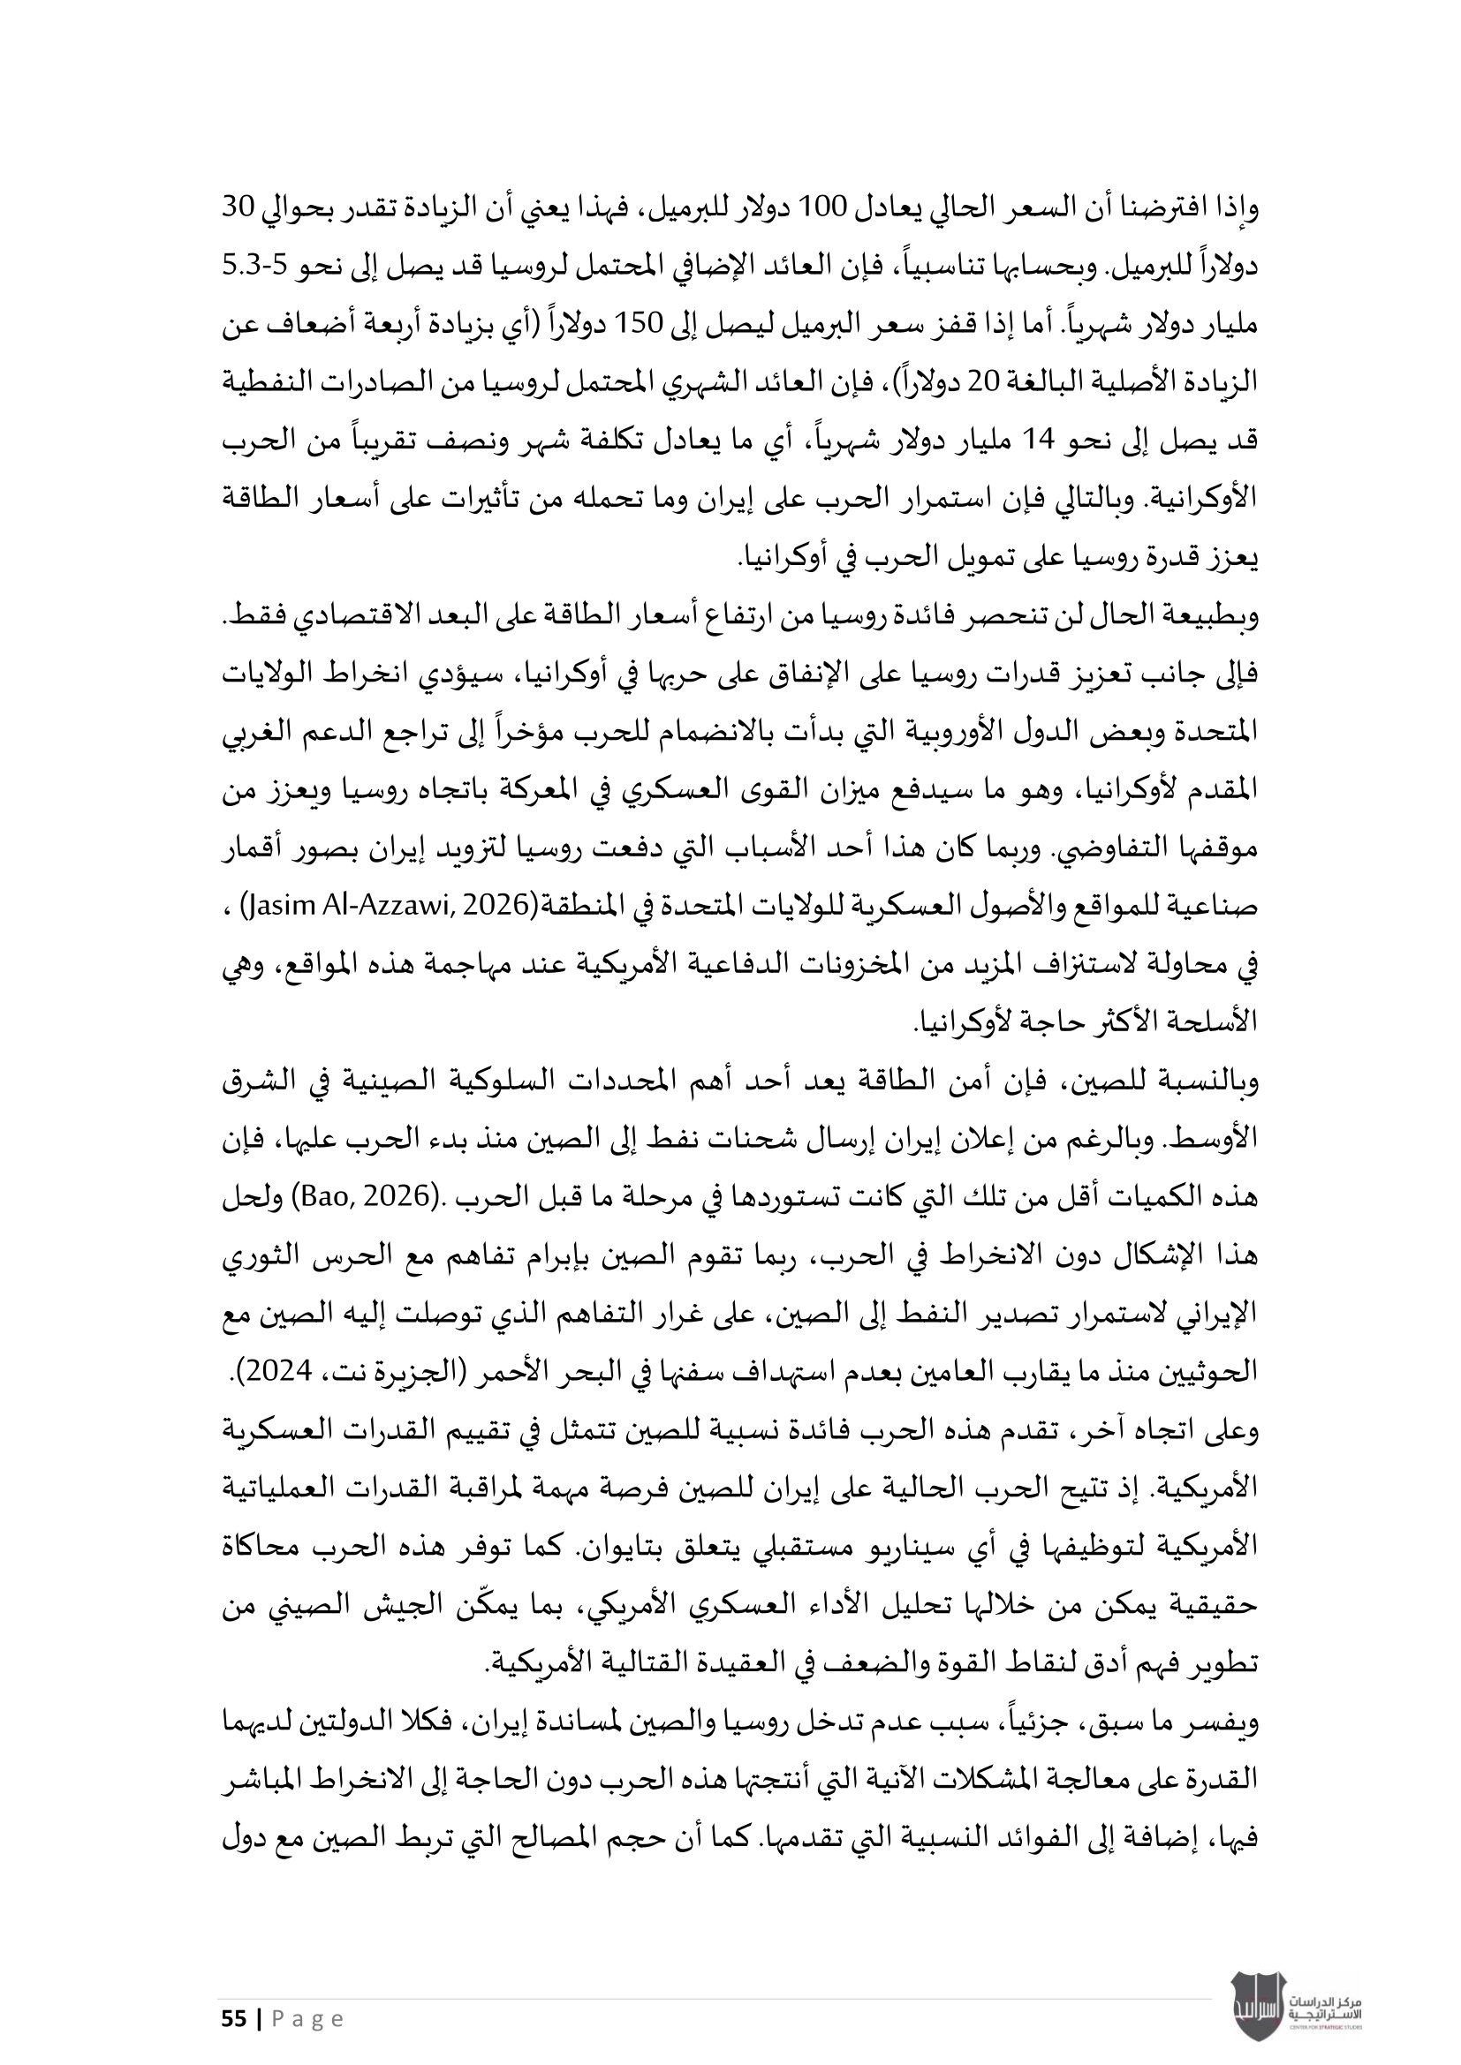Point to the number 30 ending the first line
coord(239,208)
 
